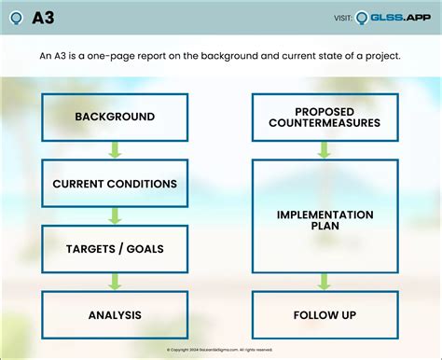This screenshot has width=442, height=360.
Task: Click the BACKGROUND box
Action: [x=115, y=117]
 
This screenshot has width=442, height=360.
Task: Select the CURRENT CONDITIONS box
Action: [x=115, y=183]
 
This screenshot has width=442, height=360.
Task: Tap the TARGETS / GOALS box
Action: [x=115, y=249]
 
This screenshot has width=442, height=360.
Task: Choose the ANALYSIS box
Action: [x=115, y=314]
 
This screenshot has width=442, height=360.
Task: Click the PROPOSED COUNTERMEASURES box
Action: [x=325, y=117]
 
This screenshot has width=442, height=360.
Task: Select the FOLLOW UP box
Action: [x=325, y=314]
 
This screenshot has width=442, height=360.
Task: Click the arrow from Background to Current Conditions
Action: [x=115, y=150]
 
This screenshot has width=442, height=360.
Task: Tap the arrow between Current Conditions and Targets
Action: [x=115, y=215]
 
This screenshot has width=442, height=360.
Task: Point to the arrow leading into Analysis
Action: [x=115, y=282]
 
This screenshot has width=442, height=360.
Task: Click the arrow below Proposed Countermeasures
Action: [x=325, y=150]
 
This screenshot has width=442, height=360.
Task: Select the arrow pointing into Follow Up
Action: [x=325, y=282]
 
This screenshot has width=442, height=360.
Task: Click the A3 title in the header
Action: [x=43, y=18]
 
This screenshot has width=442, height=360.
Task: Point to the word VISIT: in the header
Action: [x=342, y=18]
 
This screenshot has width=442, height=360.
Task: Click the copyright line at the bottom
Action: [x=220, y=350]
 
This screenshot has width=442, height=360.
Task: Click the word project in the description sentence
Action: [x=381, y=57]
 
